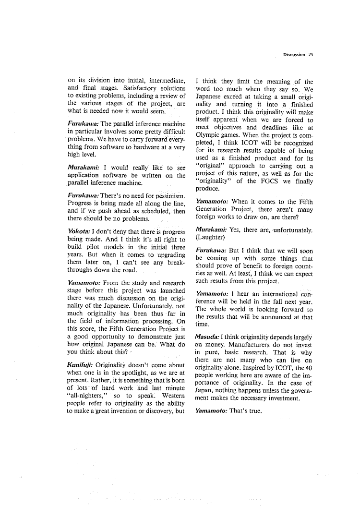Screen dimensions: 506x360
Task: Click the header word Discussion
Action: click(x=294, y=55)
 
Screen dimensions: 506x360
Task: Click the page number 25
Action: click(x=311, y=55)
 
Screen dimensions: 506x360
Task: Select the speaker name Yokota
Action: click(x=79, y=231)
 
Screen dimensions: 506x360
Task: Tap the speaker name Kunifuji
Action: click(x=81, y=365)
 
